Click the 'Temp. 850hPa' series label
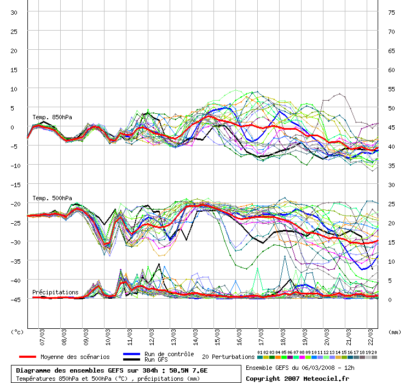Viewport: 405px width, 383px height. [52, 117]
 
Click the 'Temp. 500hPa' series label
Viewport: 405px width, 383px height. [52, 199]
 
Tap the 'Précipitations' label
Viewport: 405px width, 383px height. [55, 292]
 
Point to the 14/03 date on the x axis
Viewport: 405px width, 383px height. [195, 337]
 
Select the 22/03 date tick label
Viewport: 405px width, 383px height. [371, 337]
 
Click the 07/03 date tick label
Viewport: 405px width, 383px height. [42, 337]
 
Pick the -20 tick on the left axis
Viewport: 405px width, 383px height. [15, 204]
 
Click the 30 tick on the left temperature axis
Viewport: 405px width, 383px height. [14, 13]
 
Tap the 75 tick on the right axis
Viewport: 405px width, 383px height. [391, 13]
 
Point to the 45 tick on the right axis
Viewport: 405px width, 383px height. [391, 127]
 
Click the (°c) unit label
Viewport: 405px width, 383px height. [17, 332]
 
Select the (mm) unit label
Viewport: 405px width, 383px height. [395, 332]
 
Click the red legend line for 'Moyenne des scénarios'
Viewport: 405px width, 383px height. [27, 357]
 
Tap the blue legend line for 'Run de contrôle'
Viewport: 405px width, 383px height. [132, 354]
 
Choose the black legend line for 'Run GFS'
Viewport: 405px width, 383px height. [132, 359]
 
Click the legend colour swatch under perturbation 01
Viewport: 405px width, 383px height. [260, 357]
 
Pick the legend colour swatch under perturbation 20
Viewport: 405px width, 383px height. [374, 357]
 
